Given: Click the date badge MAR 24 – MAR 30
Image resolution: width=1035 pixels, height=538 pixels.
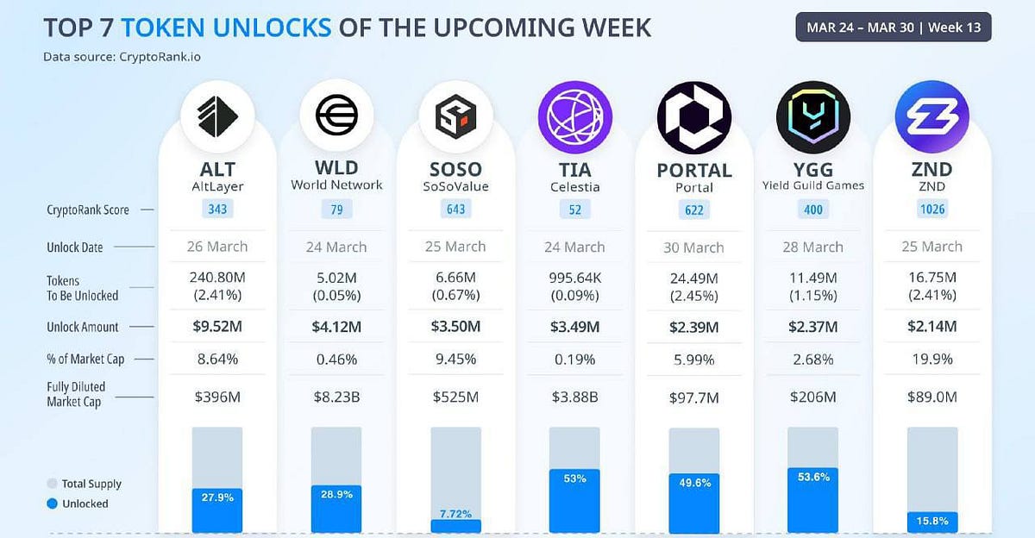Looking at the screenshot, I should pyautogui.click(x=893, y=27).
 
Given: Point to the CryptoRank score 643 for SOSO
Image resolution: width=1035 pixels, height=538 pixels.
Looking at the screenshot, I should pyautogui.click(x=455, y=210).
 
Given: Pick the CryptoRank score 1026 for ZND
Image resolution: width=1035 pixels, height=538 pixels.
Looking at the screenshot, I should pyautogui.click(x=931, y=210).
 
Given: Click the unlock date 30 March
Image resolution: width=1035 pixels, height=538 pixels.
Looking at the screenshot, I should pyautogui.click(x=693, y=247).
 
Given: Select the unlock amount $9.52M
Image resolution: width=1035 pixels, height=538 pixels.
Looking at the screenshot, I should pyautogui.click(x=217, y=327).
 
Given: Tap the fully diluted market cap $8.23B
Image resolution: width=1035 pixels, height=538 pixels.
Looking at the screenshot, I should pyautogui.click(x=336, y=397).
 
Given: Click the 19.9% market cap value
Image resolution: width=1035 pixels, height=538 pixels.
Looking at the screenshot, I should pyautogui.click(x=931, y=359).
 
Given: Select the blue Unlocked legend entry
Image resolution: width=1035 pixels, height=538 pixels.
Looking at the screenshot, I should pyautogui.click(x=78, y=504).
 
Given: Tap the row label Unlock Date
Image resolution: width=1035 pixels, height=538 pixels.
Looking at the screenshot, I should pyautogui.click(x=75, y=247).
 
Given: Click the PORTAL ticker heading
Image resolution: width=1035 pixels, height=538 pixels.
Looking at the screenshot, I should pyautogui.click(x=693, y=170).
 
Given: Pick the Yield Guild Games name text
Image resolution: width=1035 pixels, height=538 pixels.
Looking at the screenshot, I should pyautogui.click(x=812, y=185).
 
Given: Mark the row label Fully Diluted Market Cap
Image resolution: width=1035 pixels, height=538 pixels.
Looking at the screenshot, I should pyautogui.click(x=75, y=395).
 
